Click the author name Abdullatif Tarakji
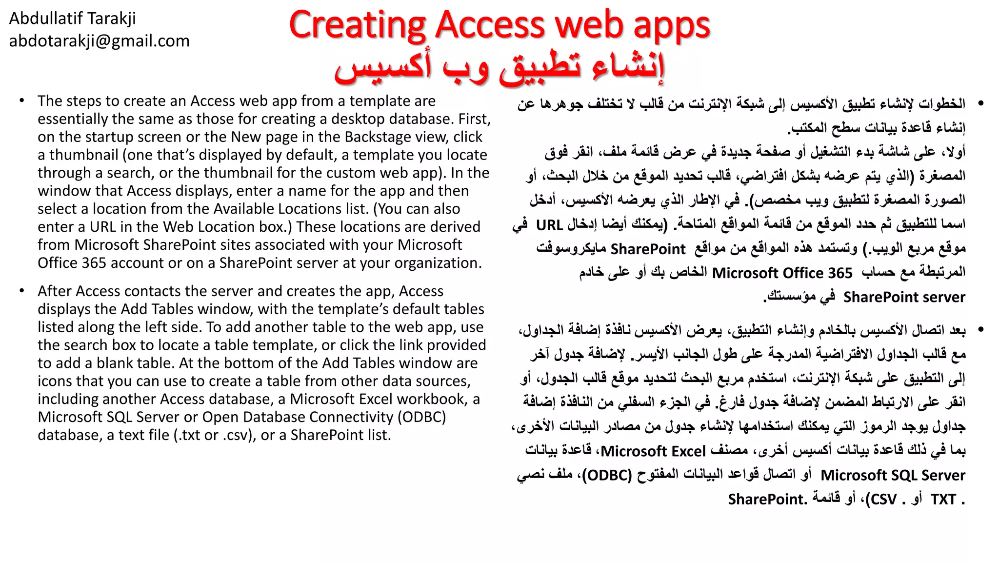72,19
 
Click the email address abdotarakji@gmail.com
99,41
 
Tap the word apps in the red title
671,25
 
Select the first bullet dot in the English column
22,101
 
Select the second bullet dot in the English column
22,291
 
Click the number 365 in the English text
94,263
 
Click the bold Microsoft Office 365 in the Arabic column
782,273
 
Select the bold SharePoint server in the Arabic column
904,297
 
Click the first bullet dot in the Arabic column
980,103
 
